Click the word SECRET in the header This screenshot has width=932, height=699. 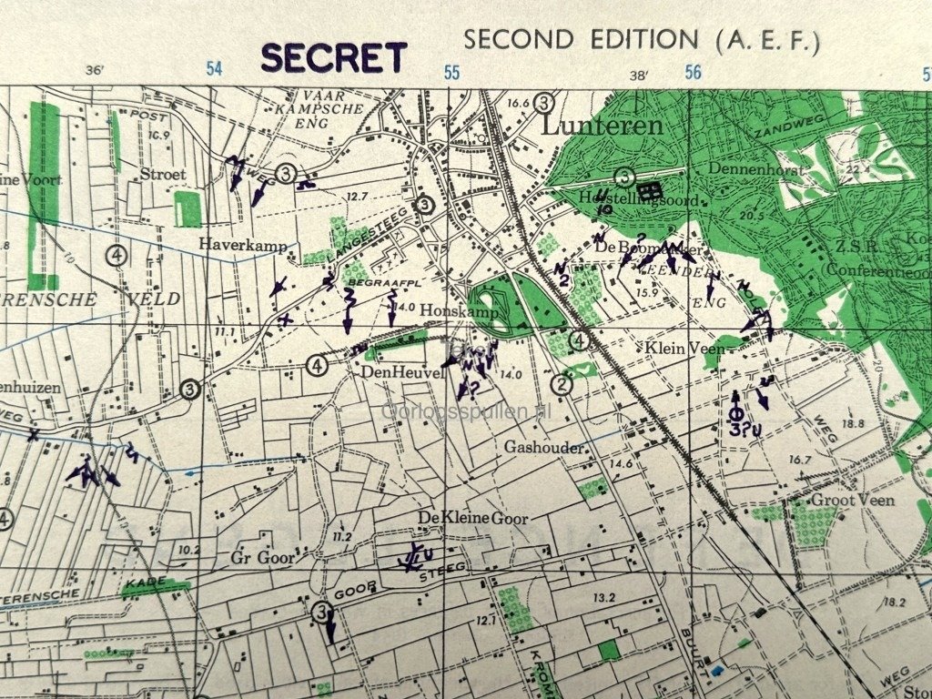tap(333, 57)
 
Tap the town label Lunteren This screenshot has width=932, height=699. tap(602, 126)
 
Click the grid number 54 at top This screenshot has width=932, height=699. tap(214, 69)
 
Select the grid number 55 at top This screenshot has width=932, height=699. tap(451, 73)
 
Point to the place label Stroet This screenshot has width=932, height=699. tap(163, 174)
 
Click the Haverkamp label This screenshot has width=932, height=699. tap(243, 245)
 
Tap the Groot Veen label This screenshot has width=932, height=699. tap(853, 500)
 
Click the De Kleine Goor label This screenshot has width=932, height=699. tap(461, 518)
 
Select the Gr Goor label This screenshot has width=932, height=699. tap(262, 557)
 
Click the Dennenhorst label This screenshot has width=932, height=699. tap(745, 168)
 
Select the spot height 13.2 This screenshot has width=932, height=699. tap(604, 597)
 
